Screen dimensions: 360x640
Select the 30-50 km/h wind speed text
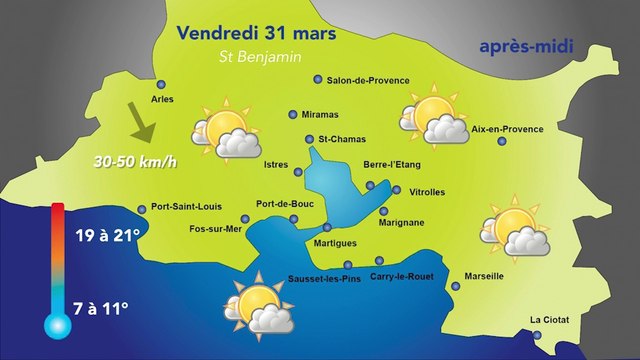point(119,161)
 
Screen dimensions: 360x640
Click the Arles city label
point(162,99)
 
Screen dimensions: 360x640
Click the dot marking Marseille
point(457,287)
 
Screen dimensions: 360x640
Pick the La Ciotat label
point(548,320)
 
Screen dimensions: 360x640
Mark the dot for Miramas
point(293,114)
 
